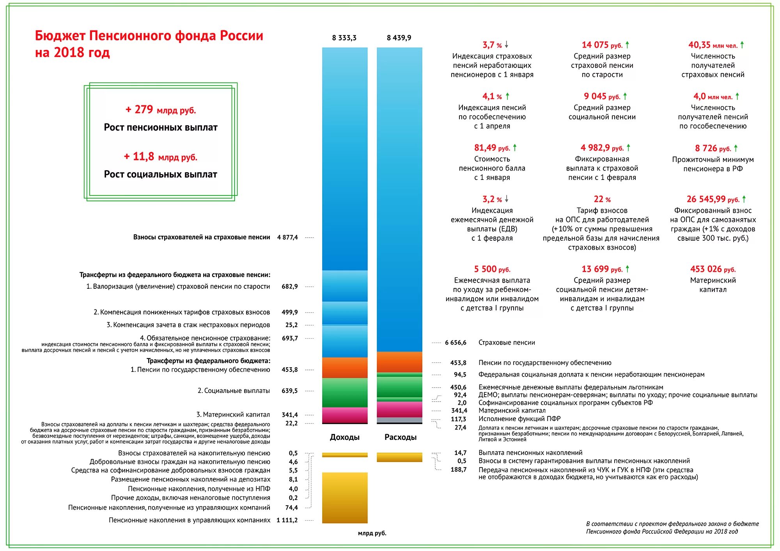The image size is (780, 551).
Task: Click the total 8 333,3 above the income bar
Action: pos(344,38)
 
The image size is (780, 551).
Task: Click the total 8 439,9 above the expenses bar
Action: pos(399,38)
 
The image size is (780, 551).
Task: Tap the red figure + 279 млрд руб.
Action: pos(160,110)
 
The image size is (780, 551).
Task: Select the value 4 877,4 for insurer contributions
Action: pos(287,237)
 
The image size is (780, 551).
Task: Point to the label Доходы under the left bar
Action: pos(344,437)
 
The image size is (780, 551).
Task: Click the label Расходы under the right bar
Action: pos(400,437)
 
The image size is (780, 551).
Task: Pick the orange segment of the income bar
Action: pos(344,368)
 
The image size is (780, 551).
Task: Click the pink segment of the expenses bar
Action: pos(399,409)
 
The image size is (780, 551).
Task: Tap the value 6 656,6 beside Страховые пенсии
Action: pos(456,343)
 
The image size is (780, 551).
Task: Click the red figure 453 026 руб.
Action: pos(713,269)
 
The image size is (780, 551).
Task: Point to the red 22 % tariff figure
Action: pos(602,199)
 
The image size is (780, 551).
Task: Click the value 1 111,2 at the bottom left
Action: pos(287,520)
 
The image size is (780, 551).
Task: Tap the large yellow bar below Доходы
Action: pos(344,498)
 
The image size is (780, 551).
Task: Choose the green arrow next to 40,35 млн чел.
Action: pos(742,45)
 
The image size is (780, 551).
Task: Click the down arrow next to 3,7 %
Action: pos(507,45)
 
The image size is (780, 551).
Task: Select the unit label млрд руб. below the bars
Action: pos(372,533)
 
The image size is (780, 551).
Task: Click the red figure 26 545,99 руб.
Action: pos(713,199)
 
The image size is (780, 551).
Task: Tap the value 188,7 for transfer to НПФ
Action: pos(459,469)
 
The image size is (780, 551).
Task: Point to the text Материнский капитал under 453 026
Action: pos(713,285)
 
